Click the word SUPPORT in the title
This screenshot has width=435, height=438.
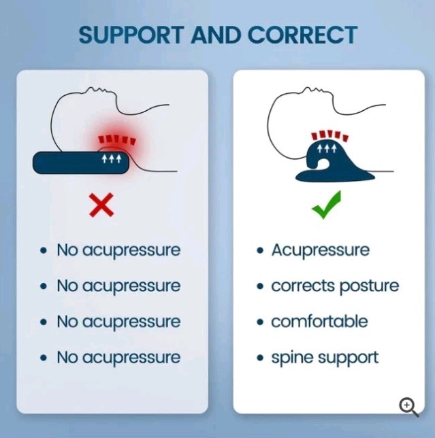[x=131, y=35]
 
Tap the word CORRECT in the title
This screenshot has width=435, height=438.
[x=302, y=35]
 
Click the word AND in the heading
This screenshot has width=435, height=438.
[x=216, y=35]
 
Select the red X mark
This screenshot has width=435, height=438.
[x=101, y=205]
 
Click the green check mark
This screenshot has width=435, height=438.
[x=326, y=205]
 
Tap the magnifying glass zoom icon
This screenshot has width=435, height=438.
[x=408, y=407]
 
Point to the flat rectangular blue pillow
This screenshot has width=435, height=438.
[x=81, y=163]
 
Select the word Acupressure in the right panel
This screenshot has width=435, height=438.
[x=321, y=250]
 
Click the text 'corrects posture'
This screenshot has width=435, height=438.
[x=335, y=286]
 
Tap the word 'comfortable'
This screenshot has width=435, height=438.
[x=319, y=321]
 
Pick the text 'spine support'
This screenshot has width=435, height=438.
[x=325, y=358]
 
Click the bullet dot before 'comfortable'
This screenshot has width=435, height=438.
[x=260, y=322]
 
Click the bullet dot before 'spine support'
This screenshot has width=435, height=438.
[x=260, y=358]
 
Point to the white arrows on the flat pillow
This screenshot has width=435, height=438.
[x=112, y=158]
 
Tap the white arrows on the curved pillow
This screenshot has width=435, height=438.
[x=326, y=149]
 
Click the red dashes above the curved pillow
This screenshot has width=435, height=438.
[x=330, y=135]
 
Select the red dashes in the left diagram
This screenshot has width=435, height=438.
[x=117, y=139]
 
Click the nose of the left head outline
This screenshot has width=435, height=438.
[x=90, y=88]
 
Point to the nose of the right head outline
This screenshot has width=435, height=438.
[x=307, y=88]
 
